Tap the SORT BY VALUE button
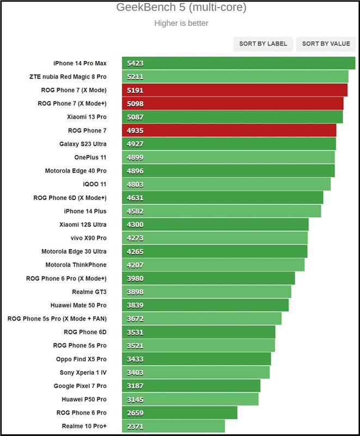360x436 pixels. coord(326,44)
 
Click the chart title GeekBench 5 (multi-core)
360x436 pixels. coord(181,7)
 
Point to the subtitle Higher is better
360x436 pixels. coord(181,23)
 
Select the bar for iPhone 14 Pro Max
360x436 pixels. coord(238,63)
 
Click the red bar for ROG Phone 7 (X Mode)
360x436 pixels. coord(234,90)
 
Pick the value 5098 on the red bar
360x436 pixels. coord(135,104)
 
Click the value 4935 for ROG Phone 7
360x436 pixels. coord(135,130)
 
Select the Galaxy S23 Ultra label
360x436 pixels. coord(83,144)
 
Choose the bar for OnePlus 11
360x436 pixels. coord(228,158)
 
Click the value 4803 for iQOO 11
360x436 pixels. coord(135,184)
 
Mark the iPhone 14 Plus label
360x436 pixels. coord(85,211)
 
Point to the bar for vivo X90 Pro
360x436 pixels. coord(215,238)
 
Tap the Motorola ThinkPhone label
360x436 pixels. coord(76,265)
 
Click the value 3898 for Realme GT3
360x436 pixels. coord(135,292)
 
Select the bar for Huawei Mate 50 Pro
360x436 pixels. coord(205,305)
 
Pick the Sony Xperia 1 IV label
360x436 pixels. coord(83,372)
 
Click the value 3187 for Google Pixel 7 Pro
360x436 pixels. coord(135,386)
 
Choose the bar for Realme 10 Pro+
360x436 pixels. coord(173,426)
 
